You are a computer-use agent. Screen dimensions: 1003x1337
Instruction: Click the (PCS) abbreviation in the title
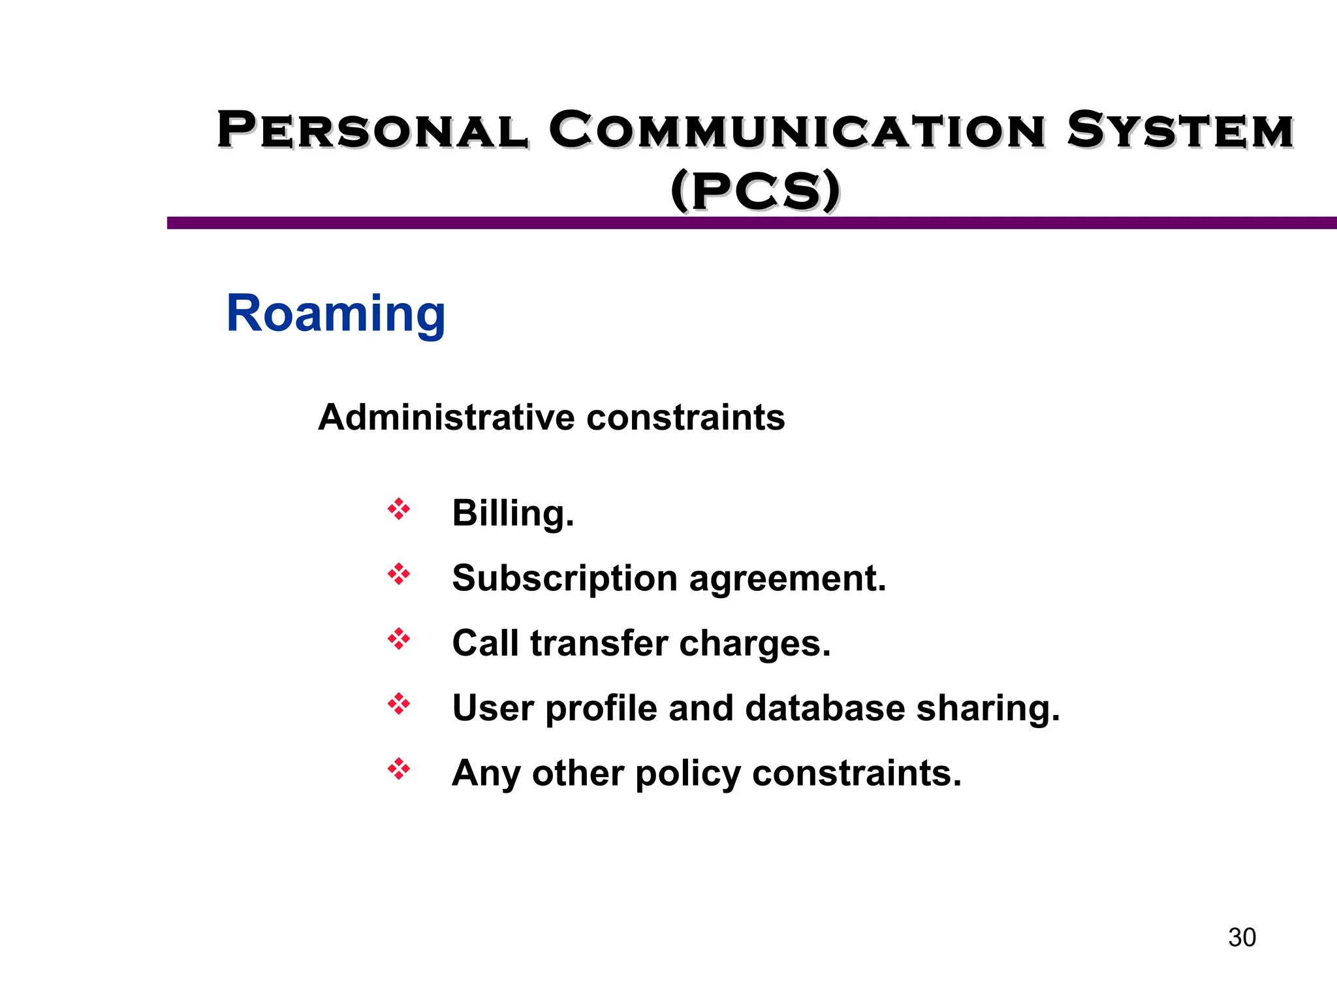pyautogui.click(x=755, y=191)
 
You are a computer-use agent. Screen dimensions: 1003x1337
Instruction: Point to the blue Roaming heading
pyautogui.click(x=336, y=314)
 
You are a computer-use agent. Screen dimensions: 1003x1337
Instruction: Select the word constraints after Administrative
pyautogui.click(x=685, y=417)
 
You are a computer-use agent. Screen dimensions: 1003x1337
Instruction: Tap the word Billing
pyautogui.click(x=513, y=513)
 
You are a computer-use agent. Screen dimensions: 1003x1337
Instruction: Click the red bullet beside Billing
pyautogui.click(x=399, y=509)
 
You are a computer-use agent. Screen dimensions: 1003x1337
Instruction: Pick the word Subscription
pyautogui.click(x=565, y=579)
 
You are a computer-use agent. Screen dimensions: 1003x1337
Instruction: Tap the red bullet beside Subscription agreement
pyautogui.click(x=399, y=575)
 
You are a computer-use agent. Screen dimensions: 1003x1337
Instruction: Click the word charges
pyautogui.click(x=755, y=645)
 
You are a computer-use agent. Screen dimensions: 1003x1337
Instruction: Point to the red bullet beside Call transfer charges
pyautogui.click(x=399, y=639)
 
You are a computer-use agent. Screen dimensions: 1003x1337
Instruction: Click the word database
pyautogui.click(x=825, y=708)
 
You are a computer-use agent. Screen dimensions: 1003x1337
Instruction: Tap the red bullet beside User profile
pyautogui.click(x=399, y=705)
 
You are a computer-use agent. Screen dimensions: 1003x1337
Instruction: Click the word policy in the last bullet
pyautogui.click(x=688, y=774)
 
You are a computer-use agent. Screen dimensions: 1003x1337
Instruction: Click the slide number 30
pyautogui.click(x=1242, y=938)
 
